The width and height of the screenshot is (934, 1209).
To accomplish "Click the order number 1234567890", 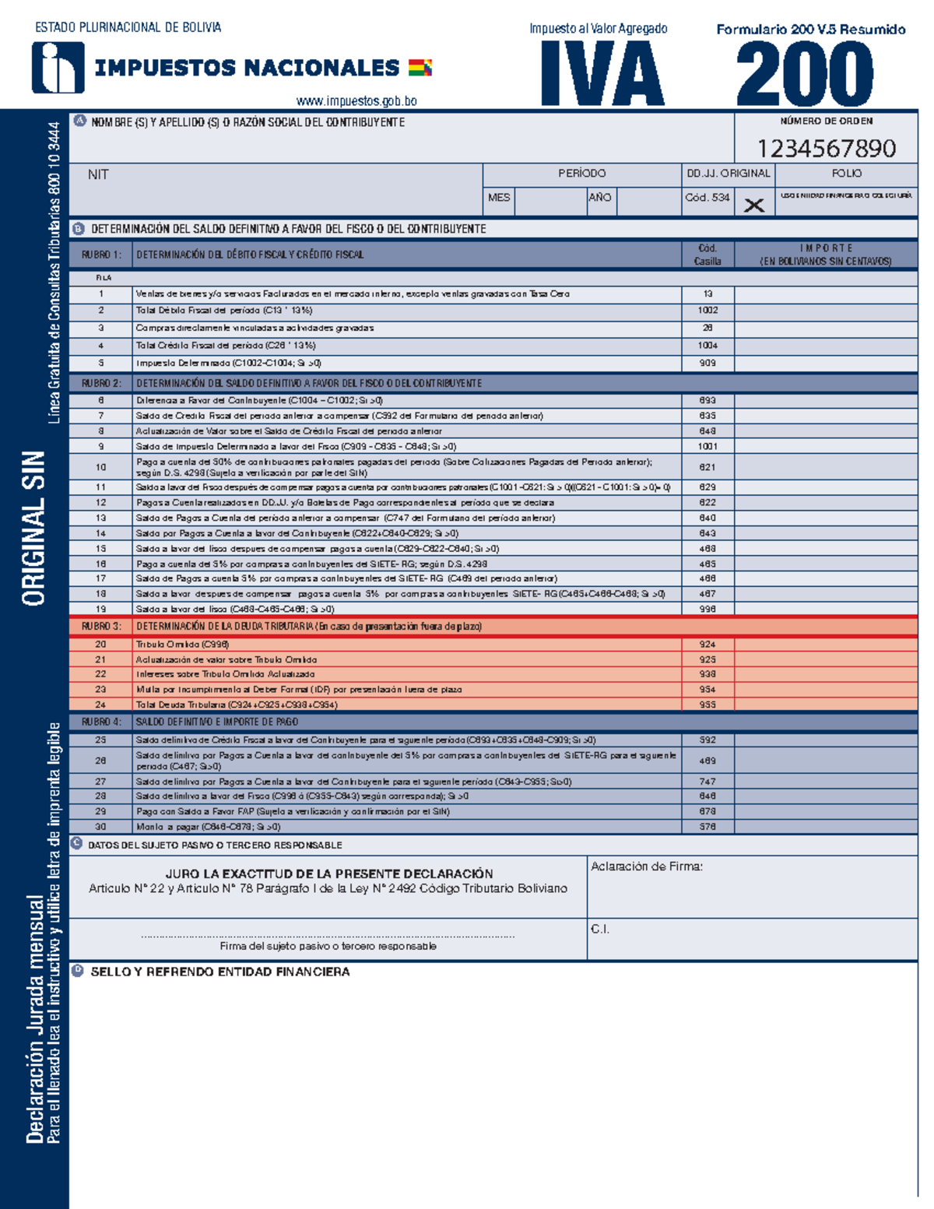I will (x=826, y=148).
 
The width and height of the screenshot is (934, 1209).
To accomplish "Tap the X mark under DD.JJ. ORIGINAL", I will (x=753, y=206).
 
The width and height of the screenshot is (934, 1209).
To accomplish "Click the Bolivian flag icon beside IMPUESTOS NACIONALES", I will (x=420, y=68).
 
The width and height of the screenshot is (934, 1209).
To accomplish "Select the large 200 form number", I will (x=805, y=75).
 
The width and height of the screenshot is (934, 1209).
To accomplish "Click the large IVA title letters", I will (x=602, y=75).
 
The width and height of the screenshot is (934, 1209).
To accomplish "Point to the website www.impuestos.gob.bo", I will (x=356, y=101).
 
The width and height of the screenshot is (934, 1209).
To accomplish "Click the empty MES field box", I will (x=550, y=201).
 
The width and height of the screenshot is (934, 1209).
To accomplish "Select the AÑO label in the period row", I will (x=599, y=198).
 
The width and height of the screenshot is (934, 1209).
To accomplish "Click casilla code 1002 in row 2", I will (x=708, y=311).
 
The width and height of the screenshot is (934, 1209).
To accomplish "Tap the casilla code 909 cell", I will (x=708, y=363).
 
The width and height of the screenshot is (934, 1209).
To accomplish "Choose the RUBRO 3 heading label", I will (x=101, y=627).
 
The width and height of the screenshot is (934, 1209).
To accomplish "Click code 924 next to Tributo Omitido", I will (x=708, y=645).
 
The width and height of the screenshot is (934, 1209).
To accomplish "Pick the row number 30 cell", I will (x=101, y=827).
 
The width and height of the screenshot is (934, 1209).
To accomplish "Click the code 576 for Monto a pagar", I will (x=708, y=827).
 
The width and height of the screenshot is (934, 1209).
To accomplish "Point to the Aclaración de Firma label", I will (x=646, y=866).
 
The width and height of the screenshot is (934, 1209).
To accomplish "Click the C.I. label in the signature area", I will (x=599, y=929).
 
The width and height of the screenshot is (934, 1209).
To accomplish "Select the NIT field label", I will (x=98, y=174).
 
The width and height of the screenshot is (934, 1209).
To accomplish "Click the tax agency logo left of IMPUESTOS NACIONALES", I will (x=58, y=68).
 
